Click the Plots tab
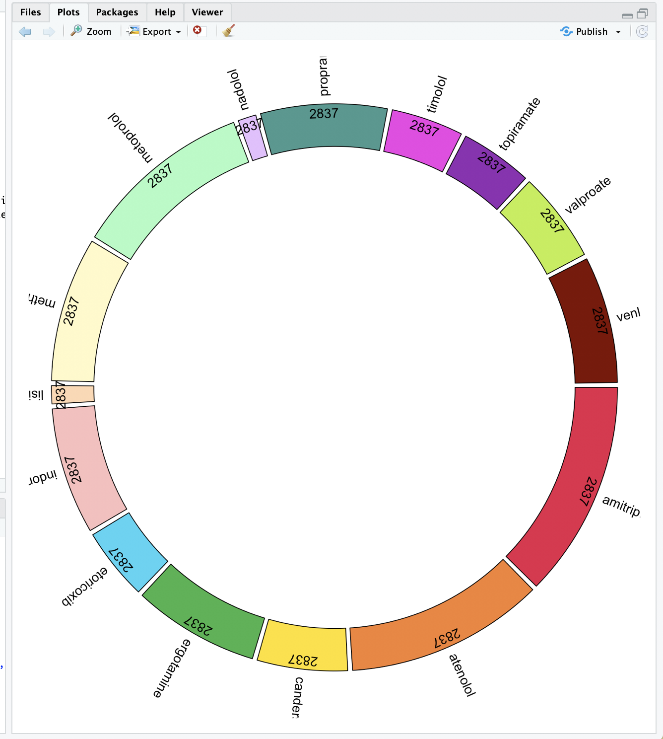68,12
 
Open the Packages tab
117,12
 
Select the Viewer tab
207,12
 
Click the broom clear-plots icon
228,31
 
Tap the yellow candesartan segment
303,646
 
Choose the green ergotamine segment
203,611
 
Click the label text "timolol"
437,94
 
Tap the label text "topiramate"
519,124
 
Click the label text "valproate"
588,195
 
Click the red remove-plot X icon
198,31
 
